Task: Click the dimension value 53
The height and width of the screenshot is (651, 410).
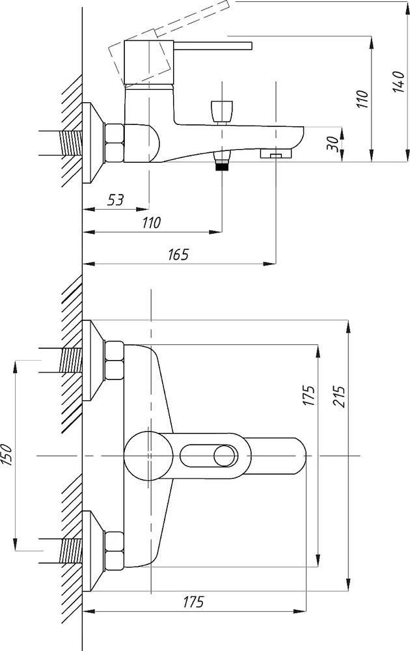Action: [x=116, y=200]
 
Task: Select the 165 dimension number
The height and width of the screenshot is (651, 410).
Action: [x=178, y=254]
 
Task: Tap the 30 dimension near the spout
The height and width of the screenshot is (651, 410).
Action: [x=333, y=145]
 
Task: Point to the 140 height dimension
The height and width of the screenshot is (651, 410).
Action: [x=398, y=82]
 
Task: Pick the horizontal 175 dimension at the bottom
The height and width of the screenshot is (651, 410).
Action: [x=193, y=602]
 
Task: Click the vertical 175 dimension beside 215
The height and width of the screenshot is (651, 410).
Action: [x=308, y=396]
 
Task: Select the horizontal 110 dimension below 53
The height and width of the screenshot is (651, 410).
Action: [x=151, y=223]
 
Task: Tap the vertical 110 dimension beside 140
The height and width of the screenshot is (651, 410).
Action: [x=362, y=99]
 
